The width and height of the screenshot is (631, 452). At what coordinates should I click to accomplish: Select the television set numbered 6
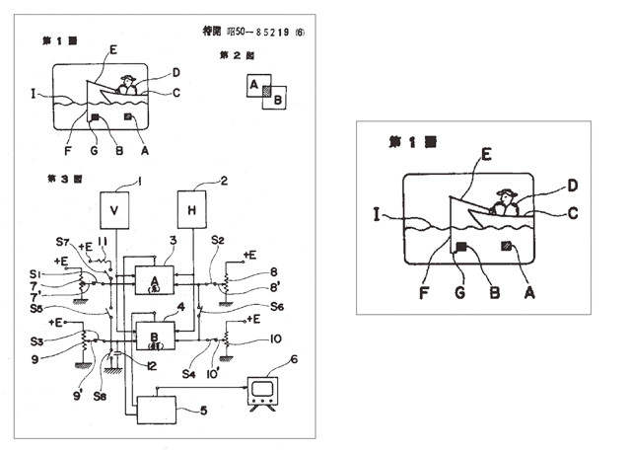coord(262,391)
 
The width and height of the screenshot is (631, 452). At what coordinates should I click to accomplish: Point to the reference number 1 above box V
coord(140,181)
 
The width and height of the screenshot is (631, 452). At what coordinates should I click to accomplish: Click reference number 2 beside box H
coord(223,181)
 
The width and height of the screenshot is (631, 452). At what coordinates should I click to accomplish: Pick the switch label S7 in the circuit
coord(63,242)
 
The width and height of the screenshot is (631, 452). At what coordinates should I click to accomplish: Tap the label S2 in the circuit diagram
coord(218,240)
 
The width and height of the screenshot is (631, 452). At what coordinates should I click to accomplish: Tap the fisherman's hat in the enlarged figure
coord(508,193)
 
